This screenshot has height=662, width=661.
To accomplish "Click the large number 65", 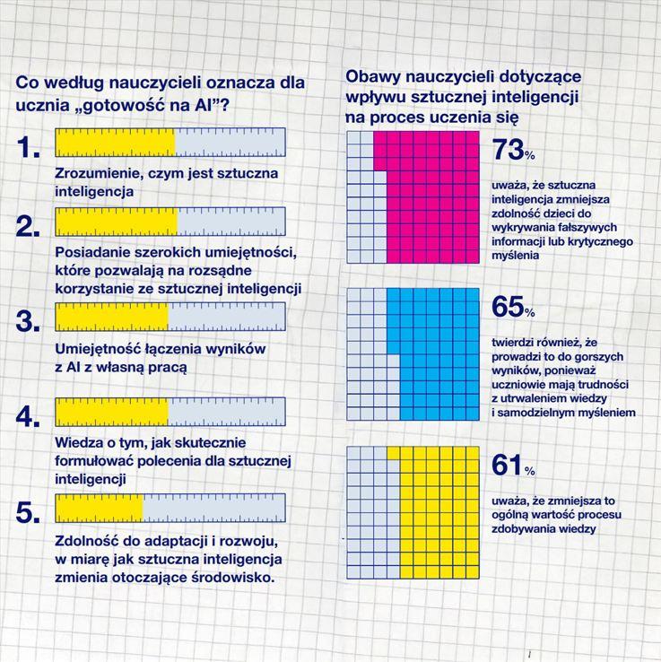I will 508,307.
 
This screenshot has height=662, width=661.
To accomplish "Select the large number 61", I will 507,465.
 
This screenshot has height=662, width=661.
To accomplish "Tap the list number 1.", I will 29,148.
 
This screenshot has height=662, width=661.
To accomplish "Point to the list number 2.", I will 29,226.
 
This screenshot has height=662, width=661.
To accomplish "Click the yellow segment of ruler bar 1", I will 116,142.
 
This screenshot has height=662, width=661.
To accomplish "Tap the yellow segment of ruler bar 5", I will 99,508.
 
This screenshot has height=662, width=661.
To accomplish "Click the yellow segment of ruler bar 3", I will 111,316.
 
